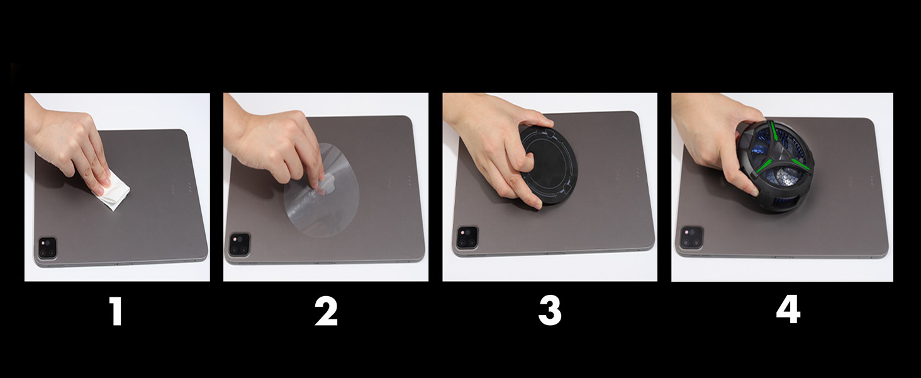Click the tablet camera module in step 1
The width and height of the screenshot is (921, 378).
tap(47, 247)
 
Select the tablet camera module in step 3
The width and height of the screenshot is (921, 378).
tap(467, 238)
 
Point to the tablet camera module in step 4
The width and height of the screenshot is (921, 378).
tap(690, 236)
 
